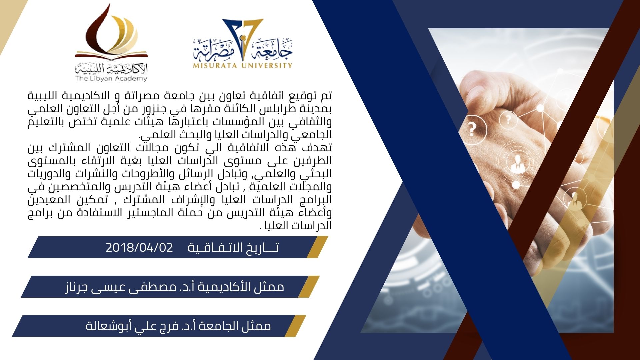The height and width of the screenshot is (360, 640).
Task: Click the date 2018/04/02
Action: (139, 248)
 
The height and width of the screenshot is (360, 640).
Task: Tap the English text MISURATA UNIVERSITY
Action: (243, 66)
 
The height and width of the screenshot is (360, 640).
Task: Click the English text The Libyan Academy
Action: (111, 79)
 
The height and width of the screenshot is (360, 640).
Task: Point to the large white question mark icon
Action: (472, 129)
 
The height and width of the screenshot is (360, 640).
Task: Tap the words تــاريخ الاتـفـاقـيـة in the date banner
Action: (233, 248)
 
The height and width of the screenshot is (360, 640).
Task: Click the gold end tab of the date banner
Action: (317, 247)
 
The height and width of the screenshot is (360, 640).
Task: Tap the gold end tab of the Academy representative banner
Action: (309, 286)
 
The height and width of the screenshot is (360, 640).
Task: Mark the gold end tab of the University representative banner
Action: (295, 326)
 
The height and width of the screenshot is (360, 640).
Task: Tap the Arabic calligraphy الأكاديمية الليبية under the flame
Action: (111, 69)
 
